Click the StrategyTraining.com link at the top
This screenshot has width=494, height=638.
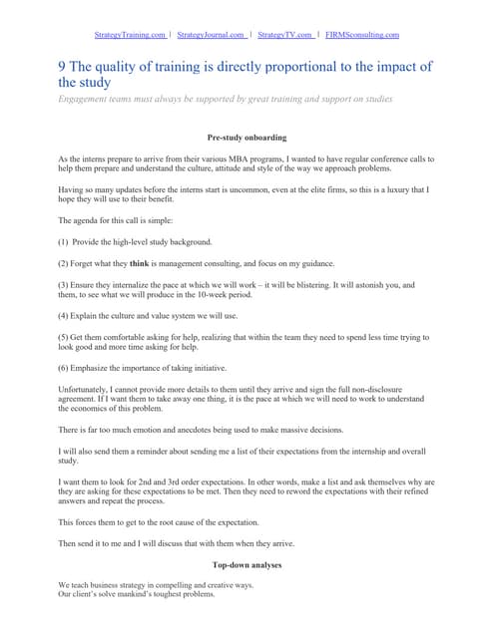130,35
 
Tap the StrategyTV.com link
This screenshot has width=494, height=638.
284,35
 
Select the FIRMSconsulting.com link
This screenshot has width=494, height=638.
362,35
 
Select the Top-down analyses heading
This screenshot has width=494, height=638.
247,565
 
